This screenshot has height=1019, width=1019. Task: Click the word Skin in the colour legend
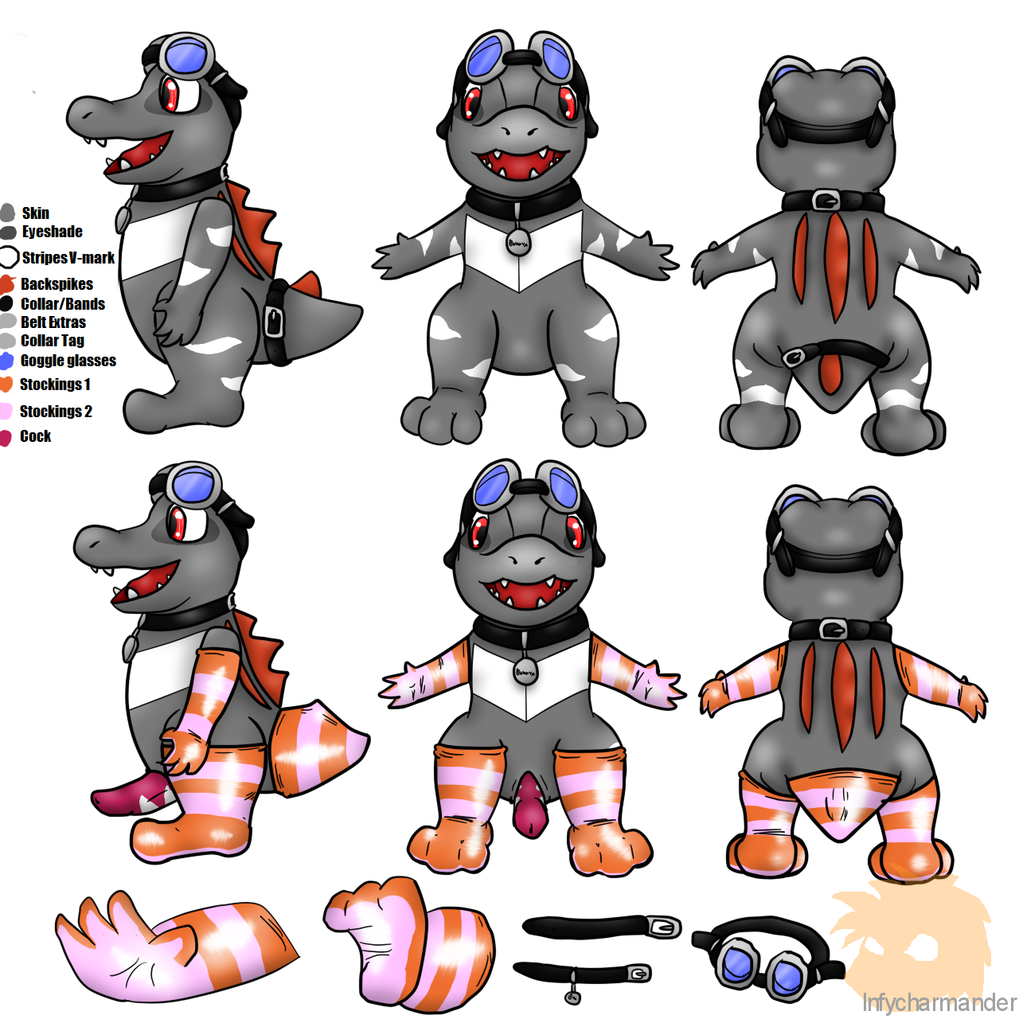pos(36,213)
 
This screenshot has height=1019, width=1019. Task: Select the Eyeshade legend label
pos(52,232)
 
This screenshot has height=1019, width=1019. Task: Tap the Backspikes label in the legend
pos(57,284)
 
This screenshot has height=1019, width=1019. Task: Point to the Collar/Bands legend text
pos(62,303)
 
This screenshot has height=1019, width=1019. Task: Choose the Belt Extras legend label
pos(53,322)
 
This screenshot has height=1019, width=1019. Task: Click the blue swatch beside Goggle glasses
pos(7,361)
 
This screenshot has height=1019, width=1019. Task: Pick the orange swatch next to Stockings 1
pos(6,385)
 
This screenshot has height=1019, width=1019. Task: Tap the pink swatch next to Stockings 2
pos(6,412)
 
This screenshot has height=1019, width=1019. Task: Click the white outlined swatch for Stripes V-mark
pos(9,257)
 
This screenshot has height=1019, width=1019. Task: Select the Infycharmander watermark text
pos(939,1002)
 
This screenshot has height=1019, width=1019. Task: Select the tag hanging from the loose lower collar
pos(572,997)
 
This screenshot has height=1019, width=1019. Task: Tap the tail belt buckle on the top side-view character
pos(273,319)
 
